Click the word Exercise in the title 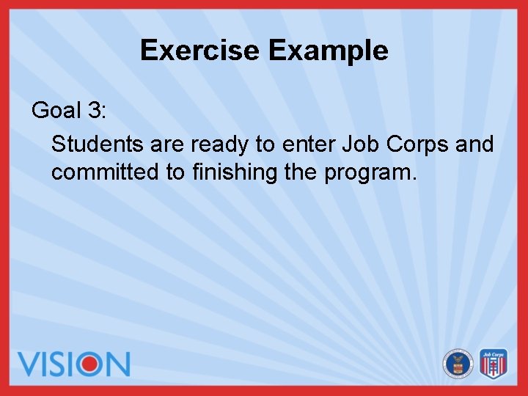(200, 51)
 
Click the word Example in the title (328, 51)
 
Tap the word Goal (56, 110)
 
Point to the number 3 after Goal (94, 110)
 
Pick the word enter (308, 144)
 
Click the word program (370, 174)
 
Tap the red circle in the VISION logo (89, 364)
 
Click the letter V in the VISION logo (32, 364)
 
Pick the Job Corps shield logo (494, 363)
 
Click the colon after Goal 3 (104, 111)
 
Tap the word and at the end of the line (474, 144)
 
